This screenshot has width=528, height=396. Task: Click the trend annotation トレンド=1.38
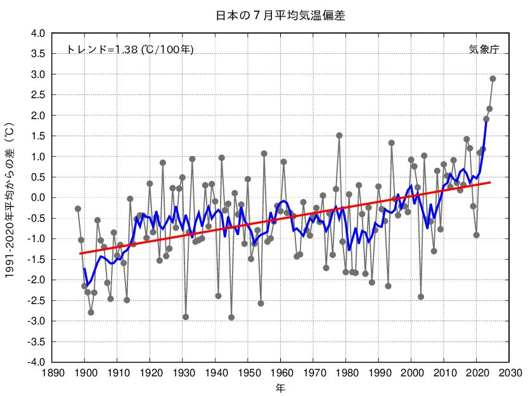point(130,49)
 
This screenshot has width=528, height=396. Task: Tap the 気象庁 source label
point(484,49)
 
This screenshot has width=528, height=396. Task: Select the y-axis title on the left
point(10,198)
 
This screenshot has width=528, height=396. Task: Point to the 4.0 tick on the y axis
point(38,34)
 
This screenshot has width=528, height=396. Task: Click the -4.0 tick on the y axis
point(37,362)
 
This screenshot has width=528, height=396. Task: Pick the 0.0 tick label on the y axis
point(38,198)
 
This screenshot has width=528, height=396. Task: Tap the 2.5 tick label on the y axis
point(38,95)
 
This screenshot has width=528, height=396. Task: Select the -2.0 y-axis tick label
point(37,280)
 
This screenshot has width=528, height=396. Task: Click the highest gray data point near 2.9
point(493,79)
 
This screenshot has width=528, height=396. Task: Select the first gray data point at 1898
point(78,208)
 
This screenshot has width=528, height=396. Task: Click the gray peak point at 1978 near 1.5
point(339,135)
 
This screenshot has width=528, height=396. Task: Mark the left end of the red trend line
point(80,253)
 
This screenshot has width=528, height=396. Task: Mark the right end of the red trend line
point(490,182)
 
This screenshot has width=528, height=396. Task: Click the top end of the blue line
point(486,118)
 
